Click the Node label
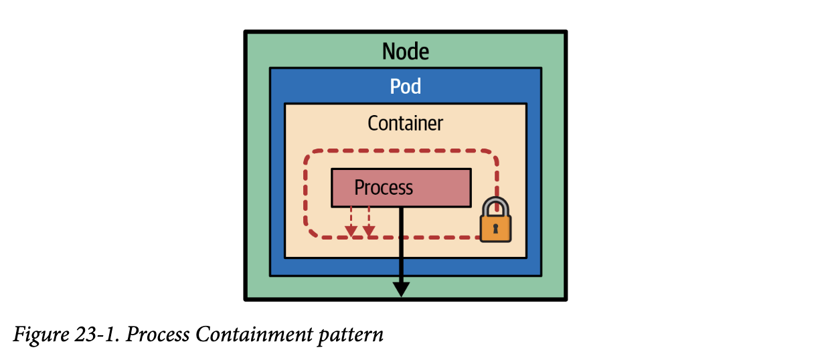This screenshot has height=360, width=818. [406, 52]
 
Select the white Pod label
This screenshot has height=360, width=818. [406, 86]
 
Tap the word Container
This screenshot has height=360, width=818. [406, 123]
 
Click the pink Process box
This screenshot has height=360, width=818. [402, 187]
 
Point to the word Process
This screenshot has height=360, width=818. [384, 187]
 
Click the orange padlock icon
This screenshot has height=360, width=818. [495, 219]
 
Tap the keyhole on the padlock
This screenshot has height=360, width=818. [495, 229]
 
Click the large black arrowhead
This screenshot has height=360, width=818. [401, 289]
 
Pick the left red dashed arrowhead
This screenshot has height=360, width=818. [351, 231]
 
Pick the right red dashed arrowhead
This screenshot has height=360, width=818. [369, 231]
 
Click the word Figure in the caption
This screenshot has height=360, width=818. [42, 335]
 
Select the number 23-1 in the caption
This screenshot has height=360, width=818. [97, 334]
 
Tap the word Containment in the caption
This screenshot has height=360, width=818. [254, 334]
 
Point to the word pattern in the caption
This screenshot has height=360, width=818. [351, 335]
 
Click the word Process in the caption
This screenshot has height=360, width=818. [158, 334]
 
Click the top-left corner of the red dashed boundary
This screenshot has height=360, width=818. [309, 155]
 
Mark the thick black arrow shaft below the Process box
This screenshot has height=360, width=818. [401, 245]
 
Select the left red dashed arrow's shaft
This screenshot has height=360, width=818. [351, 217]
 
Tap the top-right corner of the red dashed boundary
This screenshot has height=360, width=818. [493, 155]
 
